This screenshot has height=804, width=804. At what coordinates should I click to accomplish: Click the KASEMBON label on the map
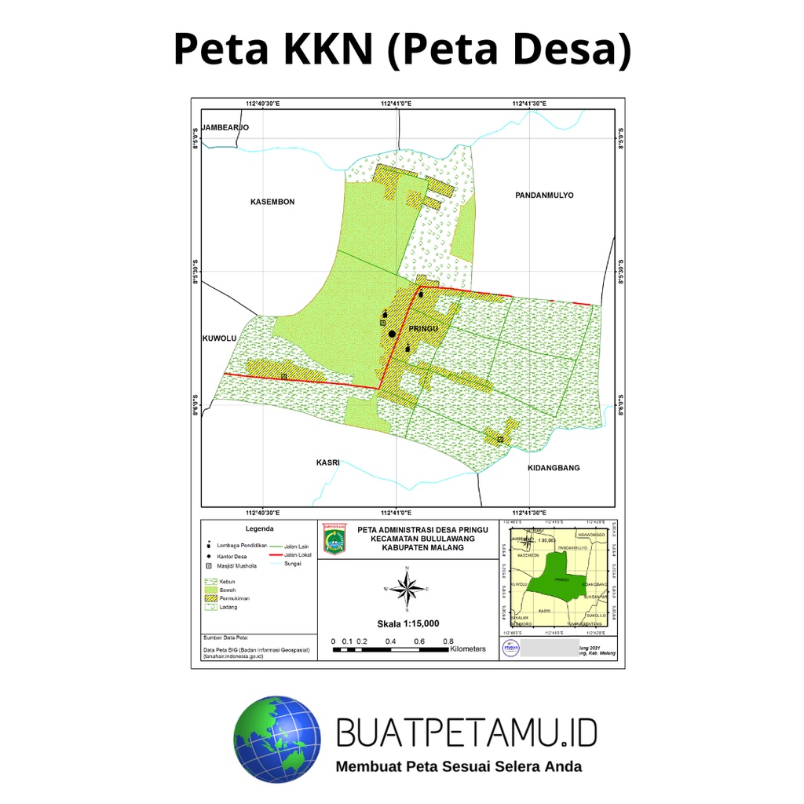(x=272, y=202)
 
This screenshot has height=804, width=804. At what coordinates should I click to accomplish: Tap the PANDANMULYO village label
(x=545, y=195)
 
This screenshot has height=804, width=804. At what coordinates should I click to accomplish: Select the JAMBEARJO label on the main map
(x=225, y=127)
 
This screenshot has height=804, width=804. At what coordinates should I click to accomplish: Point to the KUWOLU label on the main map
(x=219, y=338)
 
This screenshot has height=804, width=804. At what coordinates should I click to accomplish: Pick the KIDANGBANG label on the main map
(x=554, y=468)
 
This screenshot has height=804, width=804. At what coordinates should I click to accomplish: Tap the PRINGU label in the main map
(x=422, y=328)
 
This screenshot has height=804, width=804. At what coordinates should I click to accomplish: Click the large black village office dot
(x=392, y=334)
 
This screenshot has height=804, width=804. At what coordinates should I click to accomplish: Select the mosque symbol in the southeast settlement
(x=500, y=440)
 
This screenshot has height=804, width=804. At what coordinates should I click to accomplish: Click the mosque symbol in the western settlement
(x=283, y=377)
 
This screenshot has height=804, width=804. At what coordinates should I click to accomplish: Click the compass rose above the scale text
(x=407, y=588)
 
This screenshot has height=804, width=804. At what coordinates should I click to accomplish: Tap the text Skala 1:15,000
(x=407, y=623)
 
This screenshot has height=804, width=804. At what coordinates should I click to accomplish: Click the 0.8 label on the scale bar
(x=448, y=641)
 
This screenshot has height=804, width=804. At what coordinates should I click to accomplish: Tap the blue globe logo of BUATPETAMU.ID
(x=277, y=738)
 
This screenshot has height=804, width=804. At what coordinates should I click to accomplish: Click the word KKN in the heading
(x=322, y=49)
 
